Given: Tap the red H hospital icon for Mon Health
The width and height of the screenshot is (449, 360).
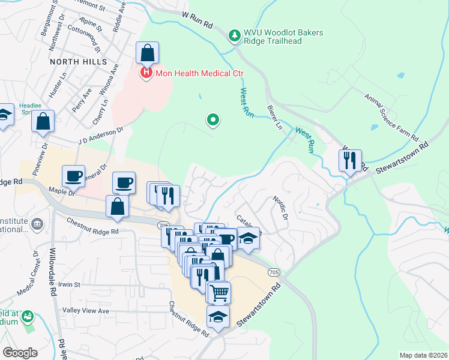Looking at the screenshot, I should [145, 73].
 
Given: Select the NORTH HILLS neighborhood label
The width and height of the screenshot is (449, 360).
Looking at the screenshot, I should [78, 62].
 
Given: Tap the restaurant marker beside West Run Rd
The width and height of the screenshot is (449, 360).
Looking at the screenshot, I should [349, 160].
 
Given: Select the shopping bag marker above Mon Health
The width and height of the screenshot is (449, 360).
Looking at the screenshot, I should [147, 53].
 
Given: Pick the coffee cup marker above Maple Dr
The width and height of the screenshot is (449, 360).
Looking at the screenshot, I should [74, 176].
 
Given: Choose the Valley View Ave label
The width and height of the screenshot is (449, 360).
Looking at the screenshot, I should [86, 311].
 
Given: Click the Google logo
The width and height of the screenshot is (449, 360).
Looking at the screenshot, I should [20, 352].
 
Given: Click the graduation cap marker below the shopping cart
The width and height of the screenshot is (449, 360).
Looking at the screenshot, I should [218, 316].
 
